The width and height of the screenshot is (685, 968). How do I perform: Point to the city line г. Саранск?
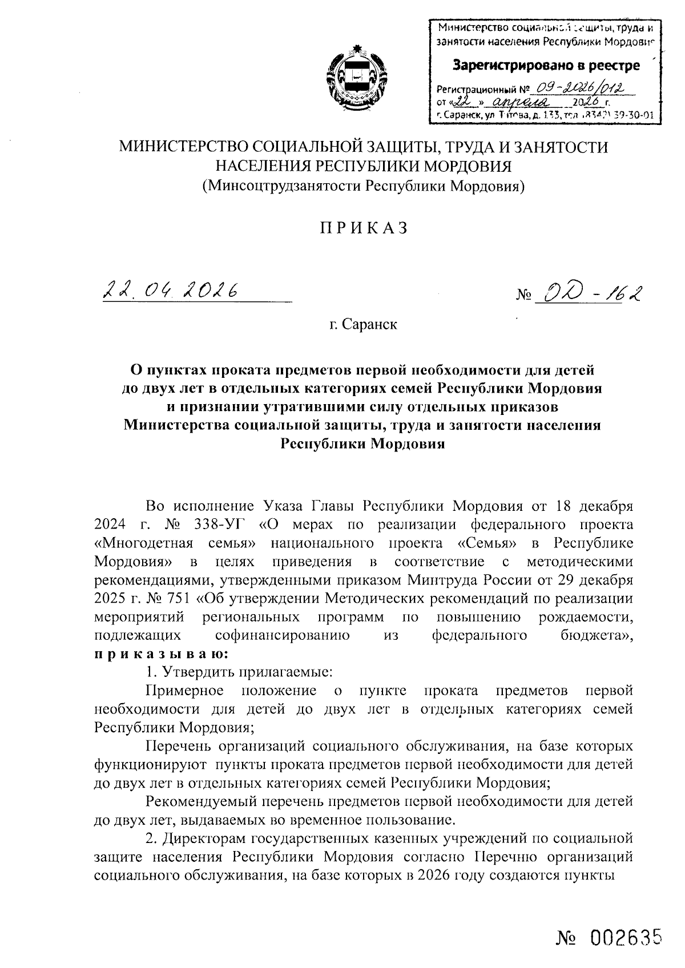363,325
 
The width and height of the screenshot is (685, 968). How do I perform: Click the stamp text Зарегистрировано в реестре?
546,66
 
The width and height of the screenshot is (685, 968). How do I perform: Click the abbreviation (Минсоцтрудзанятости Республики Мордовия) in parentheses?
364,185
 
